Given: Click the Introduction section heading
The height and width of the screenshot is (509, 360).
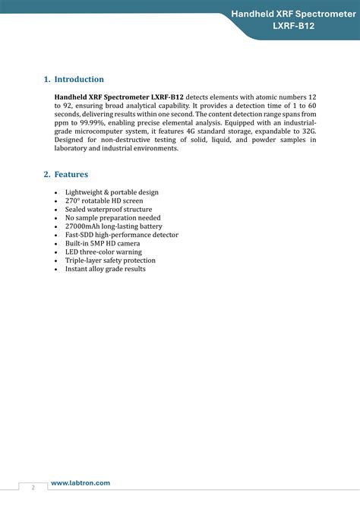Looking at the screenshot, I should tap(79, 79).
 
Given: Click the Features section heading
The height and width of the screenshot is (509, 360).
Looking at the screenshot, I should tap(71, 175).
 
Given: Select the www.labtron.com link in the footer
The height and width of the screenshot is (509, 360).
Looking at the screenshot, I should tap(80, 483).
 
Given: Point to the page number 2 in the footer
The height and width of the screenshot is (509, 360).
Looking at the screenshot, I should tap(33, 487).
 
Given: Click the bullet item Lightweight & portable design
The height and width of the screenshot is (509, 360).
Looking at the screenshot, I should tap(112, 192).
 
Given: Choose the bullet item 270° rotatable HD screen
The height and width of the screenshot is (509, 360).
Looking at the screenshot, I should tap(103, 201).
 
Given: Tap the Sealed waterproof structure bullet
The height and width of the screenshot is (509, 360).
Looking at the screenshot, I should tap(109, 209).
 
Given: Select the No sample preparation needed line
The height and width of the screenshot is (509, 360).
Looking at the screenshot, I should tap(112, 218).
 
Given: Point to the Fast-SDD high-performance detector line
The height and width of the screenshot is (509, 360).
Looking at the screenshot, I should tap(122, 235).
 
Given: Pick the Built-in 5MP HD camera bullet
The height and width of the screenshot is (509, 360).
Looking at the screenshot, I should tap(106, 243).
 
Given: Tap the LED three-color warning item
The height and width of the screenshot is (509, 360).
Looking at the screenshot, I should tap(103, 251).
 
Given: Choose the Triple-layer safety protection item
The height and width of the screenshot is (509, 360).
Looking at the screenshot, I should tap(110, 261).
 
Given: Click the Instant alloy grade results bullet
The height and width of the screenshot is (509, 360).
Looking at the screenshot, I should tap(106, 269).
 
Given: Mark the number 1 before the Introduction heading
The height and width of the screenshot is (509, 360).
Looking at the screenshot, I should tap(46, 79).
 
